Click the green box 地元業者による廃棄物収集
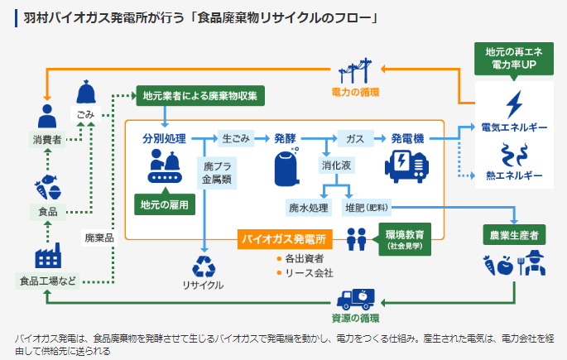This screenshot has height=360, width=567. click(199, 95)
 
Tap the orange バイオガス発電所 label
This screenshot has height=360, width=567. click(285, 240)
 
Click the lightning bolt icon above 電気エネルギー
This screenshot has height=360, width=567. click(513, 103)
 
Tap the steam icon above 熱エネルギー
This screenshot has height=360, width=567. click(513, 154)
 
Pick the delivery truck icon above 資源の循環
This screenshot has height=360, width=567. click(356, 299)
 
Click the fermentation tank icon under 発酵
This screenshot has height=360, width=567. click(286, 166)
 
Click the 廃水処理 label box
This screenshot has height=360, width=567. click(308, 207)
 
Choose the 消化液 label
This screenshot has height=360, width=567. click(337, 166)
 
